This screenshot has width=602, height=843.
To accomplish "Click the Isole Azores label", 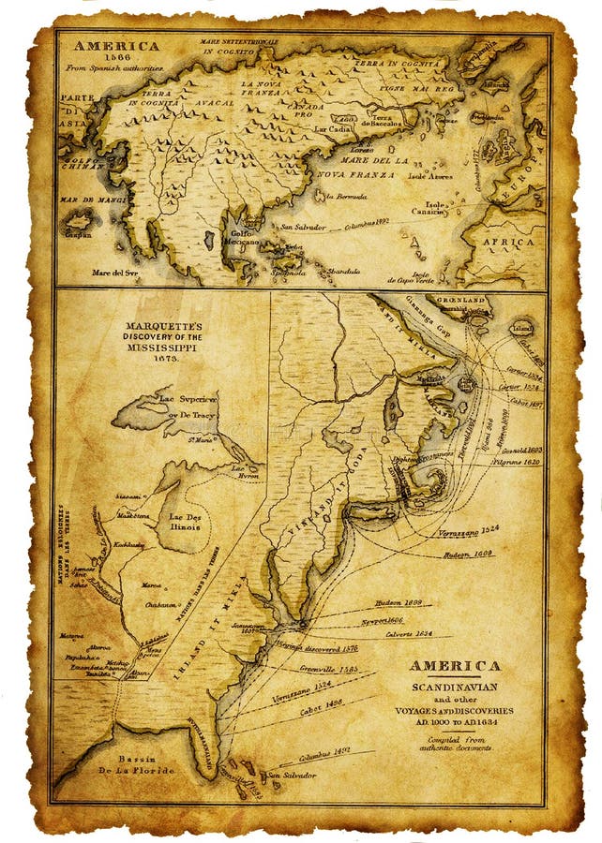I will point(428,175).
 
